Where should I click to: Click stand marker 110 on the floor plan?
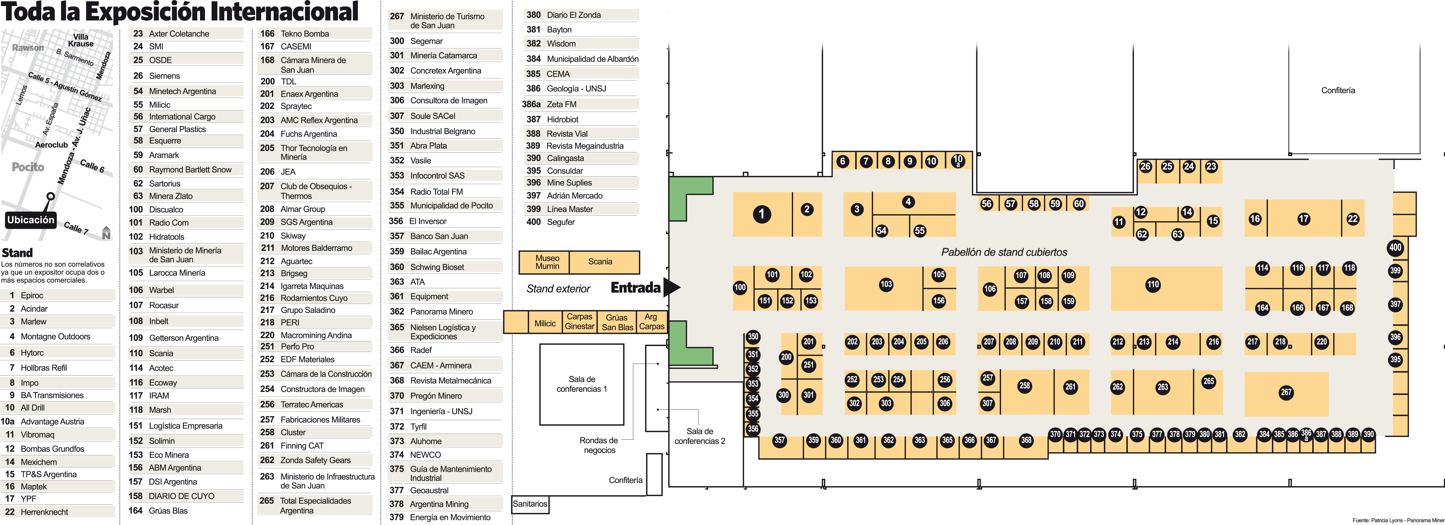1153,284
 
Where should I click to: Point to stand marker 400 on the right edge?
1395,247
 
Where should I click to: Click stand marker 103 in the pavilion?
886,284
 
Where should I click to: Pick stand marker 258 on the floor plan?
1024,386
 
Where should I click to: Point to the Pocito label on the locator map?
27,167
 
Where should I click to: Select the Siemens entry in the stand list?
164,76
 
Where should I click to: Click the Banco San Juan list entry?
439,236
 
